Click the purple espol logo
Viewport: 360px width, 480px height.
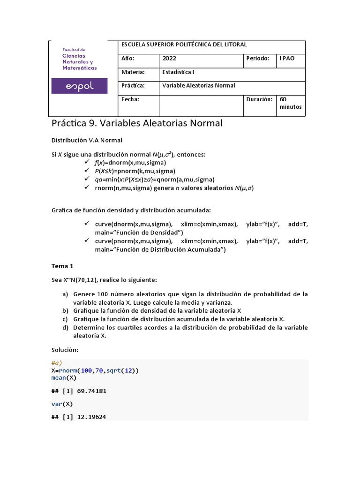(x=79, y=86)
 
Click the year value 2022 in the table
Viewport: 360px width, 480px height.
(x=169, y=59)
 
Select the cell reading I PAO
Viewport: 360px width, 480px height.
(x=287, y=59)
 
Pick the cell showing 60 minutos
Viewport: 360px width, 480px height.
(x=291, y=103)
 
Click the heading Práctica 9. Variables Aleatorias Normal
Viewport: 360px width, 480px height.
(x=136, y=123)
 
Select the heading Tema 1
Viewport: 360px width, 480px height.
(x=62, y=266)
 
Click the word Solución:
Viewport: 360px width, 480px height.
(x=65, y=350)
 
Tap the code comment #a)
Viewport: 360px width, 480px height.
(x=57, y=363)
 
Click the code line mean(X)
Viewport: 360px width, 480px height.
(x=64, y=377)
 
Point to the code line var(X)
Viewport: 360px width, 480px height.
(x=62, y=404)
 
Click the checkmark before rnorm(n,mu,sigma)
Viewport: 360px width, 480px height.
(x=86, y=187)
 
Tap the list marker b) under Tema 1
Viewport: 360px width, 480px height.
(x=65, y=311)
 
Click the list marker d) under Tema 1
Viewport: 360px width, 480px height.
(x=65, y=328)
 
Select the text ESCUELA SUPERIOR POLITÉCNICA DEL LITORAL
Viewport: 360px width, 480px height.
(x=184, y=45)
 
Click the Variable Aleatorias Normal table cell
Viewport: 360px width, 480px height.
(x=198, y=86)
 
